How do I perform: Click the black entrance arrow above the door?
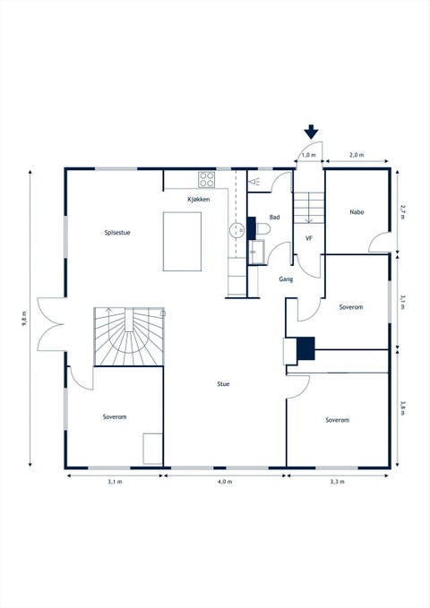(311, 133)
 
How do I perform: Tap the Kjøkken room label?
(199, 200)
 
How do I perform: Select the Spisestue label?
(117, 233)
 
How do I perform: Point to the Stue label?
(223, 384)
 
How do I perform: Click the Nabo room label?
(357, 212)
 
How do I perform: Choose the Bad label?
(274, 217)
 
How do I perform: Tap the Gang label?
(286, 279)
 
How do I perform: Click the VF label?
(309, 238)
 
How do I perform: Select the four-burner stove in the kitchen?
(206, 180)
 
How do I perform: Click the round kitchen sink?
(236, 230)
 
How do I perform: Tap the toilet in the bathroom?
(262, 228)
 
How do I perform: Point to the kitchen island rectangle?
(182, 241)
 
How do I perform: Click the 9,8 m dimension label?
(24, 319)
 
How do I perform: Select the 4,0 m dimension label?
(225, 482)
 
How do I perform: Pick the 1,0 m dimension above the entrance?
(309, 155)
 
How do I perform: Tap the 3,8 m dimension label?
(403, 407)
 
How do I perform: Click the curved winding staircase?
(129, 337)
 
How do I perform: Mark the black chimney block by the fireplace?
(305, 348)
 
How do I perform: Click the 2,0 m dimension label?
(357, 155)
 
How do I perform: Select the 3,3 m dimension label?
(337, 482)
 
